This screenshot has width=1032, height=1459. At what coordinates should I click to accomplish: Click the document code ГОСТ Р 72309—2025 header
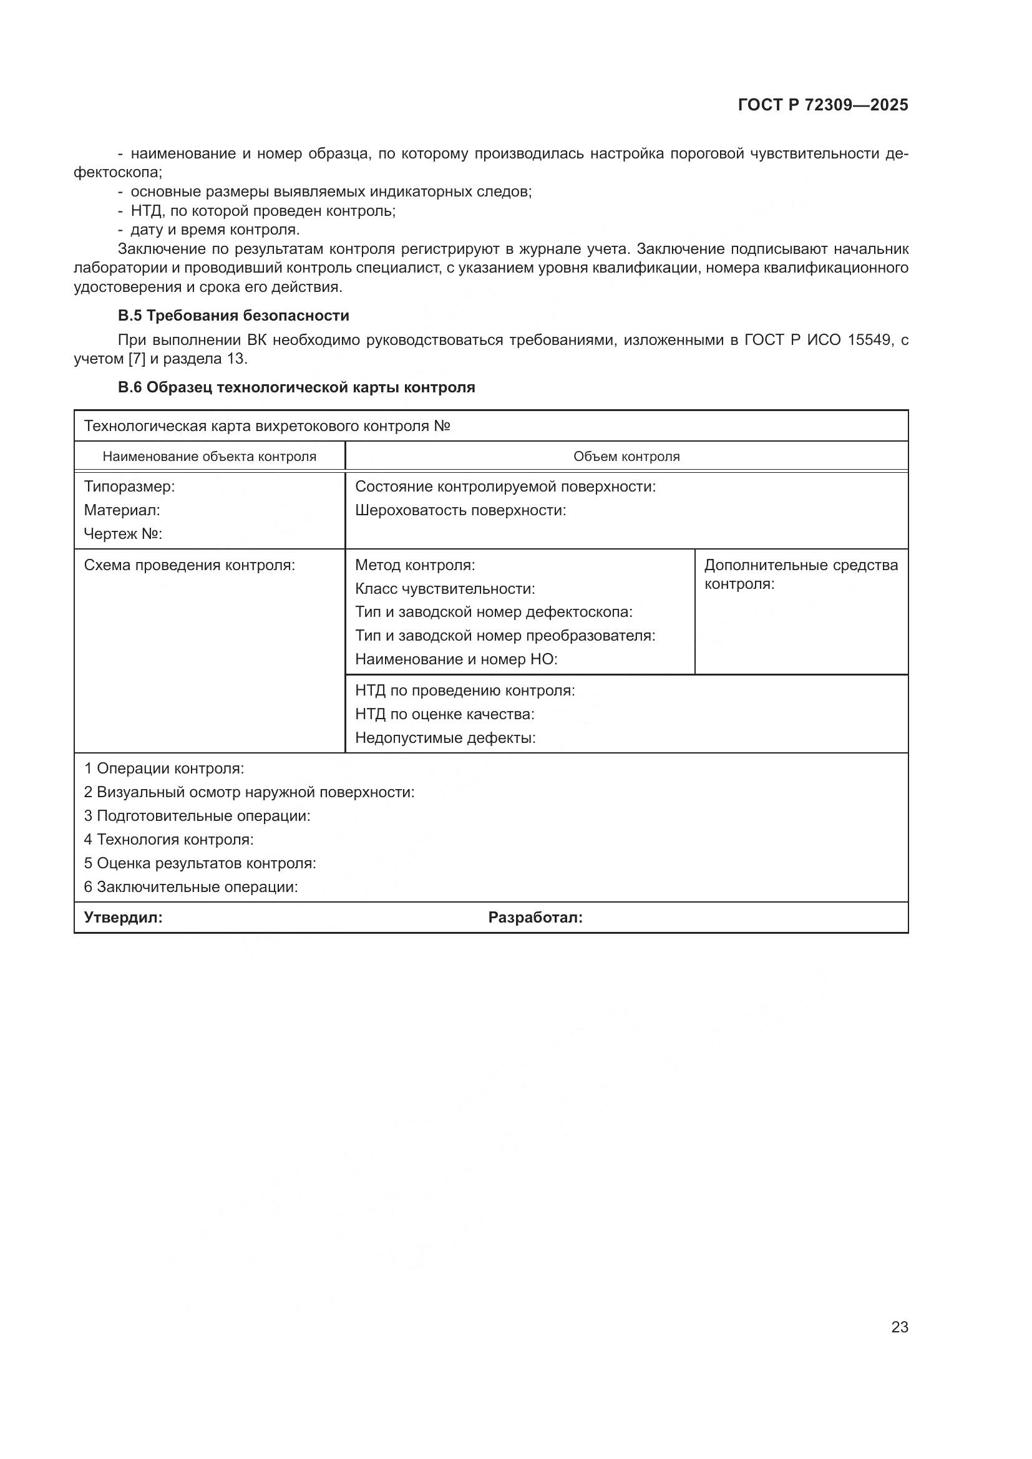coord(823,105)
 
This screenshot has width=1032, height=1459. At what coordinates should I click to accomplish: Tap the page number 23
coord(899,1327)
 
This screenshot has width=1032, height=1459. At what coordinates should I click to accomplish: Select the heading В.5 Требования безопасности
coord(233,316)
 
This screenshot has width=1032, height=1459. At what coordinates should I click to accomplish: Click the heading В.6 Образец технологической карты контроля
coord(296,387)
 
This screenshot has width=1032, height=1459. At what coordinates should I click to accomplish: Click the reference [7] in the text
coord(137,359)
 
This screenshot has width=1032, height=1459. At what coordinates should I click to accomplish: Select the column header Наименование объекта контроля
coord(209,456)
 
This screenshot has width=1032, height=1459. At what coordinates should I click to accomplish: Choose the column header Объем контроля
coord(626,456)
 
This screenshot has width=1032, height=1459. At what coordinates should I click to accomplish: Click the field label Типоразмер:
coord(129,487)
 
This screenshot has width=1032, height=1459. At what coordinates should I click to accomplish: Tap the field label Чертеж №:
coord(123,535)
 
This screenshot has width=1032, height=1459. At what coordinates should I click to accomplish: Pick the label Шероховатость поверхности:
coord(460,510)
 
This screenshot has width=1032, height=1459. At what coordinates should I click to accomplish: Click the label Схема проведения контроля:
coord(190,566)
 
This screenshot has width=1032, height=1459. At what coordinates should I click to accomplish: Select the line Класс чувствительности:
coord(445,589)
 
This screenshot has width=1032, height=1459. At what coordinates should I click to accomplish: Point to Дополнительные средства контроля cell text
coord(801,574)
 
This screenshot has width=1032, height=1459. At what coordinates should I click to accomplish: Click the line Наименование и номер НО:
coord(455,659)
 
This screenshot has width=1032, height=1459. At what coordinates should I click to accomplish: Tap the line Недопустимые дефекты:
coord(445,739)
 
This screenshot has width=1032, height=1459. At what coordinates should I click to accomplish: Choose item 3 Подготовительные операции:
coord(197,816)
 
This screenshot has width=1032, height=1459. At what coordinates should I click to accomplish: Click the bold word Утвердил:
coord(124,918)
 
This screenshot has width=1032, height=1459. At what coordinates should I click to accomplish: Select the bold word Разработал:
coord(535,918)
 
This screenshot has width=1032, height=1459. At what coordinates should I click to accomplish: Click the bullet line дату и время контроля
coord(215,230)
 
